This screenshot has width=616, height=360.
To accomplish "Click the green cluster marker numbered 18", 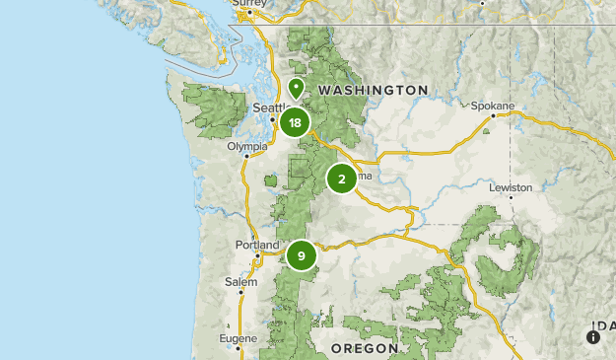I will (295, 122).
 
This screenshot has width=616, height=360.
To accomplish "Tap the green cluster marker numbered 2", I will (341, 179).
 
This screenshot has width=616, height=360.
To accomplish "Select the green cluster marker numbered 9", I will (301, 255).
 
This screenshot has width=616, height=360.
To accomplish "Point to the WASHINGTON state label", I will (374, 90).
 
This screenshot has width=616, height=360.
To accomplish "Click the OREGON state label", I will (364, 348).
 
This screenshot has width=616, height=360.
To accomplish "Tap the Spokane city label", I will (493, 105).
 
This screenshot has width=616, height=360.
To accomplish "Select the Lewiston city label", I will (510, 186).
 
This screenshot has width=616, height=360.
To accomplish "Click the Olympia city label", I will (246, 146).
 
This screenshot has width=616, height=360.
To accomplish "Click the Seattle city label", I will (269, 108).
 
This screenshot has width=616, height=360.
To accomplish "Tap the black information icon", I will (593, 337).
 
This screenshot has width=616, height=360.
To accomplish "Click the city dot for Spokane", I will (494, 114).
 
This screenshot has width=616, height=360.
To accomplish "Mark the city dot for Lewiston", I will (511, 196).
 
